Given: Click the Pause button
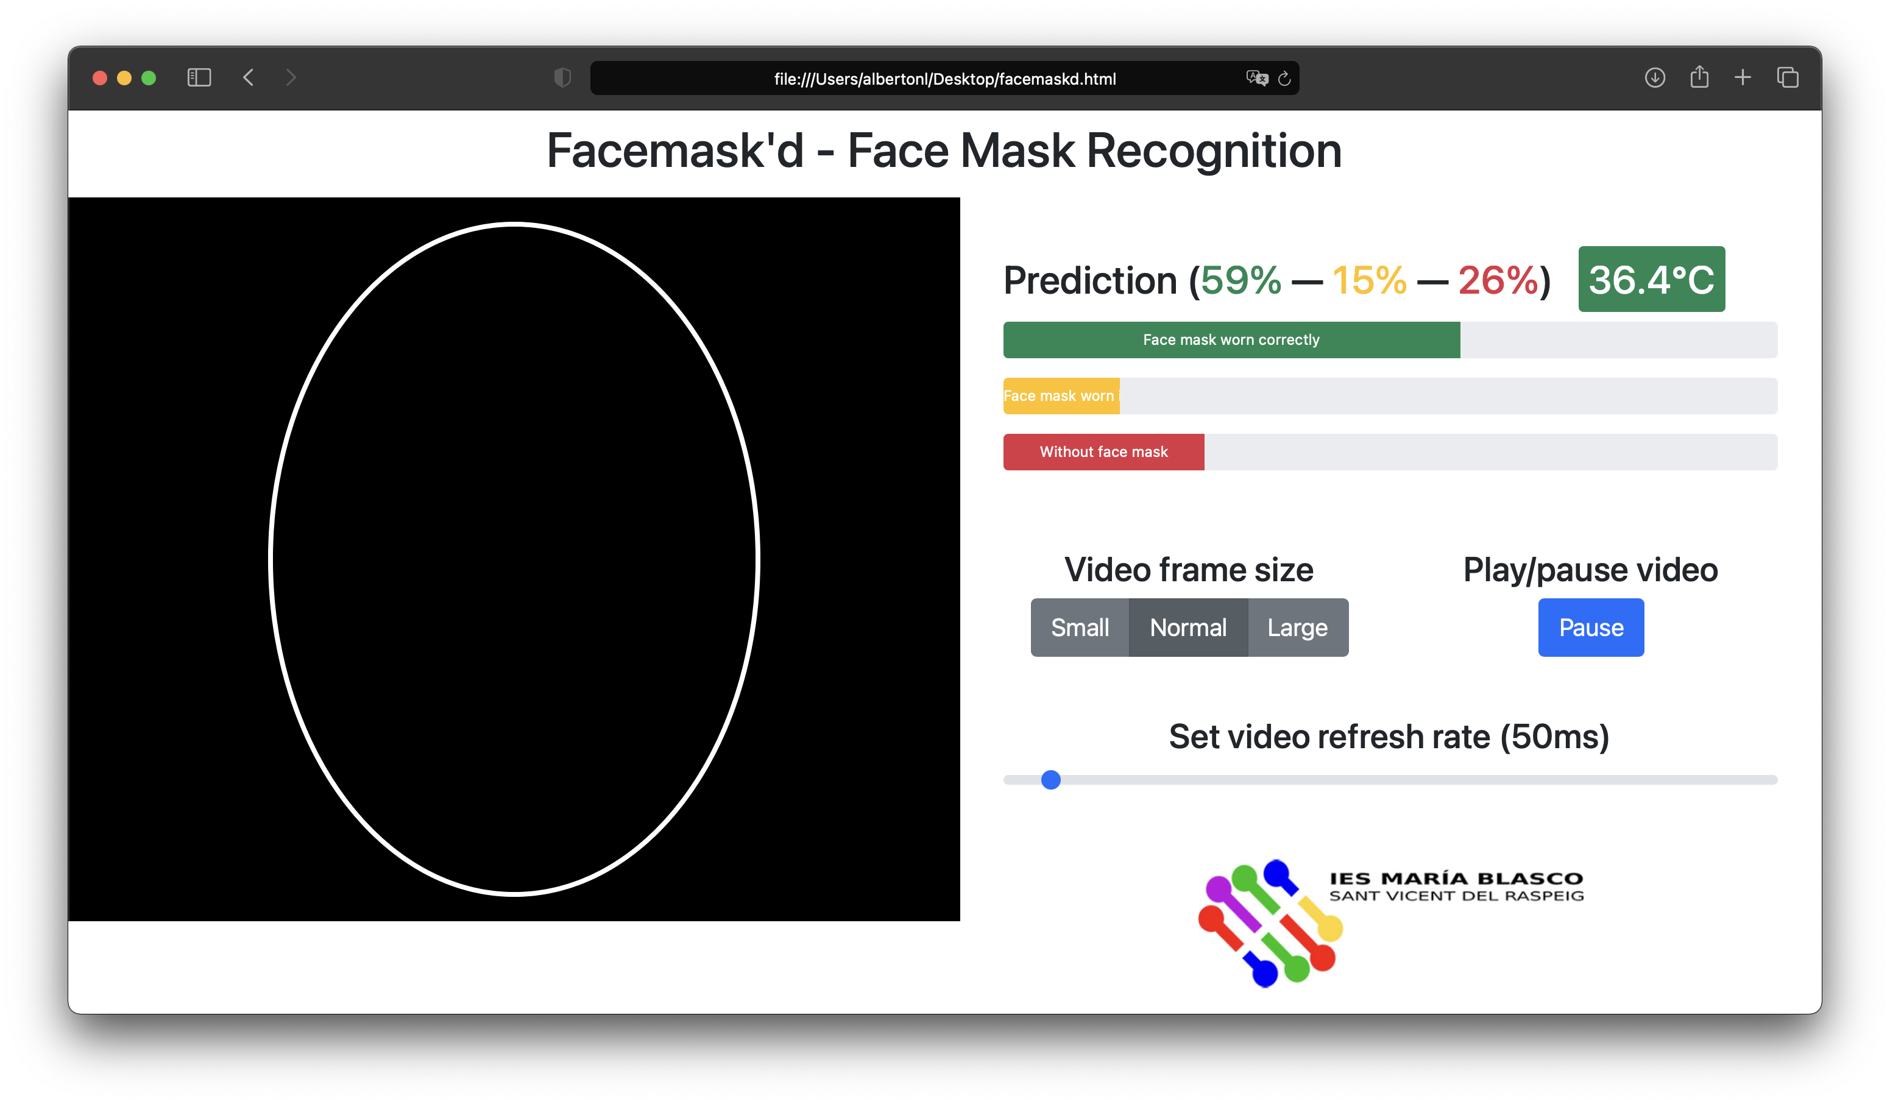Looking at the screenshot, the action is pyautogui.click(x=1590, y=627).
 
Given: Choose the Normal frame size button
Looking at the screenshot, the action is pyautogui.click(x=1188, y=627).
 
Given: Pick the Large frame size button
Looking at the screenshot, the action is pyautogui.click(x=1298, y=627).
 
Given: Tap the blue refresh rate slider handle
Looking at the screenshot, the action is pyautogui.click(x=1051, y=779).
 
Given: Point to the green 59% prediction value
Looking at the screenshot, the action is pyautogui.click(x=1241, y=280).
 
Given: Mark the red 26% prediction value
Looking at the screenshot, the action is pyautogui.click(x=1498, y=280).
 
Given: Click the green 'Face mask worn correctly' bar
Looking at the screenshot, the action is pyautogui.click(x=1231, y=340).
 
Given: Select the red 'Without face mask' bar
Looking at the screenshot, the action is pyautogui.click(x=1103, y=451).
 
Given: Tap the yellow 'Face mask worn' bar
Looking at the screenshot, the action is pyautogui.click(x=1061, y=395).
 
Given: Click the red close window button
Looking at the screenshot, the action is pyautogui.click(x=100, y=78).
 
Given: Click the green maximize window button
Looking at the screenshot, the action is pyautogui.click(x=149, y=78).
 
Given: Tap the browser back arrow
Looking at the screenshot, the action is pyautogui.click(x=248, y=77).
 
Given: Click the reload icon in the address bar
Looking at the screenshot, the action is pyautogui.click(x=1284, y=78).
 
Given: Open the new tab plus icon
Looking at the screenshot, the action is pyautogui.click(x=1743, y=77).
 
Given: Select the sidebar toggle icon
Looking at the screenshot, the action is pyautogui.click(x=199, y=77).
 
